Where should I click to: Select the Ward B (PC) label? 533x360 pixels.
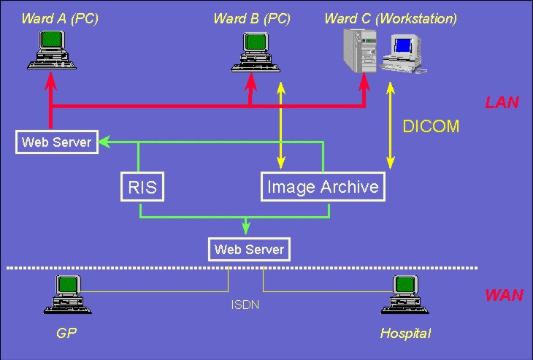[x=252, y=18]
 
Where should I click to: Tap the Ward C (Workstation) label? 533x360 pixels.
[x=391, y=18]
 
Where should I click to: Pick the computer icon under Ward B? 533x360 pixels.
[x=251, y=55]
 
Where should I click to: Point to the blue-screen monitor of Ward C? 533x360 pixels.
[x=403, y=47]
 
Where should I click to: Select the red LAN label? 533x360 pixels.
[x=502, y=102]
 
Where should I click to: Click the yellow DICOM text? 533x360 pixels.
[x=431, y=126]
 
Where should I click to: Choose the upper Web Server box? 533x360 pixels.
[x=56, y=142]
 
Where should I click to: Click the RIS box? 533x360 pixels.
[x=142, y=187]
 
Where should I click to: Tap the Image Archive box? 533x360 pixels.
[x=323, y=187]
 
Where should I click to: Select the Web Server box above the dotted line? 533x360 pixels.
[x=249, y=250]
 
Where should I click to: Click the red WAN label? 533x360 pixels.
[x=504, y=295]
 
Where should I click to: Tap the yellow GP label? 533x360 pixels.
[x=66, y=334]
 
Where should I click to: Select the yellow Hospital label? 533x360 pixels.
[x=405, y=334]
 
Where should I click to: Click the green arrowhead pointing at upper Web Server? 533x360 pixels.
[x=103, y=141]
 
